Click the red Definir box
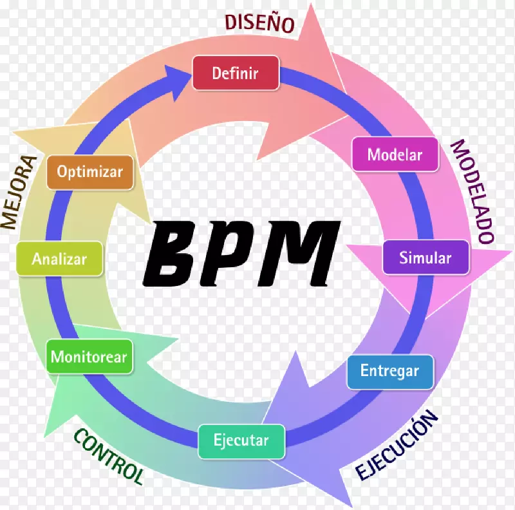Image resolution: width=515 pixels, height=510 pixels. coord(236,73)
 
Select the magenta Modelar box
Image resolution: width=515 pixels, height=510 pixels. coord(395,155)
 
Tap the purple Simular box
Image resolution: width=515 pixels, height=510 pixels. coord(426,258)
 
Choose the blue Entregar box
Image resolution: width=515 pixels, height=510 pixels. coord(389,371)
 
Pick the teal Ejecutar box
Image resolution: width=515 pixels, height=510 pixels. coord(241,441)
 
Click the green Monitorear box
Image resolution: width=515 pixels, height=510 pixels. coord(89,357)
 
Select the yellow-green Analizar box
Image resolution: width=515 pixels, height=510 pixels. coord(59,259)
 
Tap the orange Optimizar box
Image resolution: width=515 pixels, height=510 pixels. coord(89,172)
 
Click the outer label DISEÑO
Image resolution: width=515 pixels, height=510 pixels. coord(259,23)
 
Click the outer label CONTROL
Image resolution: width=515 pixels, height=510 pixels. coord(108,457)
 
